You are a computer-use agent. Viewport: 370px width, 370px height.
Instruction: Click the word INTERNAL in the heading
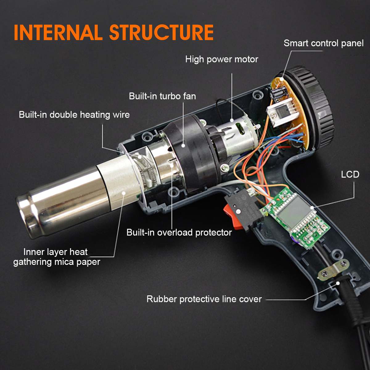pos(58,32)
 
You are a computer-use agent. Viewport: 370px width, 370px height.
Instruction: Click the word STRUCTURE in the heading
pos(161,32)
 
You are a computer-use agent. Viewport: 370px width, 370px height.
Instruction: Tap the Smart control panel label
pos(323,43)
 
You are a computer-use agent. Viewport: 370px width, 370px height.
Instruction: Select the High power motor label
pos(221,59)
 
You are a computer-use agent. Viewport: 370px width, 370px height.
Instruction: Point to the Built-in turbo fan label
pos(162,96)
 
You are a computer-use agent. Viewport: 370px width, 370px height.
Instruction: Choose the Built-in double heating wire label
pos(74,115)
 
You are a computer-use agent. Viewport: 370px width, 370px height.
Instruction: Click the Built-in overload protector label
pos(179,232)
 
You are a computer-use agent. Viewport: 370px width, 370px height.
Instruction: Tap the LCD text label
pos(350,175)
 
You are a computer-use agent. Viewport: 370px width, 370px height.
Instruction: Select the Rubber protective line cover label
pos(204,299)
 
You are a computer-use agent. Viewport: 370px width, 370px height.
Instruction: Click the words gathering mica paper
pos(57,262)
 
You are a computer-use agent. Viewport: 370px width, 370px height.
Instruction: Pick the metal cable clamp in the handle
pos(335,268)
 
